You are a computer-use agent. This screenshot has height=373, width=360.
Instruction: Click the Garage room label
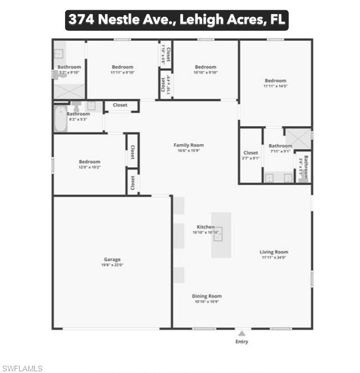click(x=112, y=260)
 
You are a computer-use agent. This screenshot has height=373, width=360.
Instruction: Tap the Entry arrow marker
click(x=241, y=333)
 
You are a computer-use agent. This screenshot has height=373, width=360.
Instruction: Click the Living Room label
click(x=274, y=252)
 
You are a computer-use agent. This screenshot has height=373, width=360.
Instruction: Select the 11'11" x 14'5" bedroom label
click(x=275, y=81)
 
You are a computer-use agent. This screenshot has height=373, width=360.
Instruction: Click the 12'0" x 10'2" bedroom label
click(x=89, y=162)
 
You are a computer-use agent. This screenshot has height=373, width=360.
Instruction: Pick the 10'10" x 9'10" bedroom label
click(x=206, y=67)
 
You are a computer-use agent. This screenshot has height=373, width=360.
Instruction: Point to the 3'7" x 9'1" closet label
click(x=250, y=153)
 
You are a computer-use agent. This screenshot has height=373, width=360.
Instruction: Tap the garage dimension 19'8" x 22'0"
click(x=113, y=265)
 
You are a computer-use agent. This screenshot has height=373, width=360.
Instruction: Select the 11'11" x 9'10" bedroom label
click(x=122, y=67)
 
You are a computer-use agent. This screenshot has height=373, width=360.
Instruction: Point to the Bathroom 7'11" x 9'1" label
click(x=280, y=146)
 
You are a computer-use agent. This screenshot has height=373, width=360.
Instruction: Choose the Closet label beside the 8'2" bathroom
click(x=120, y=105)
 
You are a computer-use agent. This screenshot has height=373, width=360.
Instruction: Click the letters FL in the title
click(x=277, y=20)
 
